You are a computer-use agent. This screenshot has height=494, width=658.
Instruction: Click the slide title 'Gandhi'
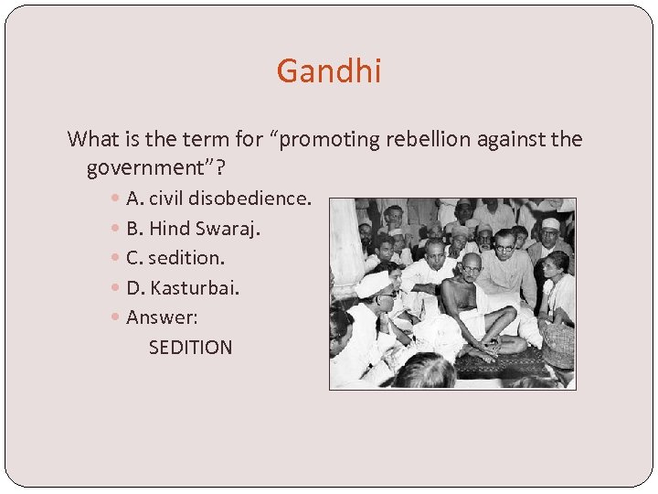[x=329, y=70]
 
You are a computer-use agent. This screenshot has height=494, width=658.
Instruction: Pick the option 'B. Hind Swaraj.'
[x=193, y=228]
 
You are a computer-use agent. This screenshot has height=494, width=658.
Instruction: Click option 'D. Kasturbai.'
[x=183, y=288]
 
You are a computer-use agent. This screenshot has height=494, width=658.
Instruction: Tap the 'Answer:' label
[x=162, y=317]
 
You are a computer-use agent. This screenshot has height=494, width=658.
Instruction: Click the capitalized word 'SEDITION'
[x=190, y=348]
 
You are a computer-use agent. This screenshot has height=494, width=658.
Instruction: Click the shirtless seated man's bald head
[x=470, y=264]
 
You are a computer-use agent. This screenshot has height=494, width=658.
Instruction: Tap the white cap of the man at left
[x=375, y=284]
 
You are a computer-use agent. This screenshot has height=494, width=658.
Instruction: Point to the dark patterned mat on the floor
[x=512, y=364]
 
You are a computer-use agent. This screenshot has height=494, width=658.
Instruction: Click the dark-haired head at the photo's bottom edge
[x=424, y=373]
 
